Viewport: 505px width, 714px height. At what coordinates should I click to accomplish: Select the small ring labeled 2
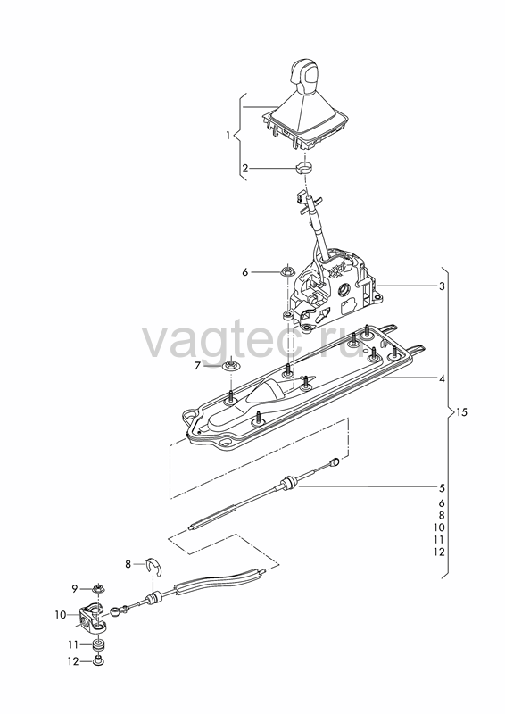pyautogui.click(x=305, y=169)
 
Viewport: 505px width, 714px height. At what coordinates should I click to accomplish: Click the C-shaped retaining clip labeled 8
pyautogui.click(x=156, y=566)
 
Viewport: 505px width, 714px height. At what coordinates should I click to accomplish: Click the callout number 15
pyautogui.click(x=462, y=412)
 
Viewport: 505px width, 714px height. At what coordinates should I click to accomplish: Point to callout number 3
pyautogui.click(x=442, y=286)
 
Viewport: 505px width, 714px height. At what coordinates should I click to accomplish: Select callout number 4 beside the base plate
pyautogui.click(x=442, y=378)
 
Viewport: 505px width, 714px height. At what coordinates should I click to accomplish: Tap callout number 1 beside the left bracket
pyautogui.click(x=228, y=136)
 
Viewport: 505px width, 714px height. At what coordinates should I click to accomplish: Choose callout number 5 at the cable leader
pyautogui.click(x=442, y=488)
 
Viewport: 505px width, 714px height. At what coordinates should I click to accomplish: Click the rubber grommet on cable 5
pyautogui.click(x=289, y=483)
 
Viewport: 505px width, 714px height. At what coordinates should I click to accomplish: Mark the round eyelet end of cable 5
pyautogui.click(x=335, y=462)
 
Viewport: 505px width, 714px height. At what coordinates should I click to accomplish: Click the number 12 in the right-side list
pyautogui.click(x=439, y=552)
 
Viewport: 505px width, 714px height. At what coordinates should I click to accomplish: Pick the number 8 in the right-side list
pyautogui.click(x=442, y=516)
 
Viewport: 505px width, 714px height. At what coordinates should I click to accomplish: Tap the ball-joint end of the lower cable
pyautogui.click(x=116, y=610)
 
